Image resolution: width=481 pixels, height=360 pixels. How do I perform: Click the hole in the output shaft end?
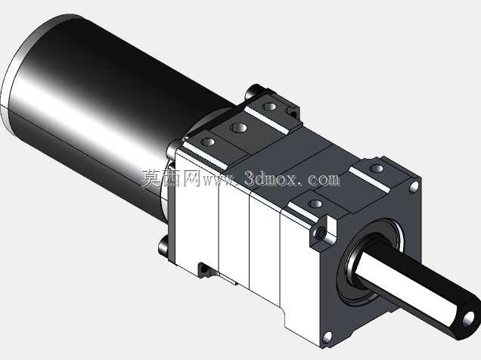click(468, 318)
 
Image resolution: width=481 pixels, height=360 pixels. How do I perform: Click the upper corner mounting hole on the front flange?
click(414, 186)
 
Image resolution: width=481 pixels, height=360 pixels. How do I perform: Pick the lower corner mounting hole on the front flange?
click(327, 337)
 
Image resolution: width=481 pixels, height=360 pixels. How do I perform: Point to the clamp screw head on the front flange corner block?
click(321, 234)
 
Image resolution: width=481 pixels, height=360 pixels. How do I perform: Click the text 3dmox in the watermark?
click(271, 178)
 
